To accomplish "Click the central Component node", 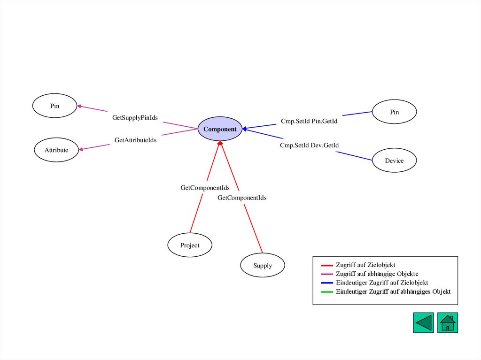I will pos(220,129).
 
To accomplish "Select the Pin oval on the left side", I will pos(55,106).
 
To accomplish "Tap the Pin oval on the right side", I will pos(394,112).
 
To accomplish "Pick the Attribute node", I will pos(56,150).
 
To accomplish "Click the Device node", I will pos(394,161).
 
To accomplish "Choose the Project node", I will pos(190,245).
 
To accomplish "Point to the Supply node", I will pos(263,266).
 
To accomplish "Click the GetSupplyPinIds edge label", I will pos(135,117).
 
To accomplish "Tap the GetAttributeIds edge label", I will pos(135,140).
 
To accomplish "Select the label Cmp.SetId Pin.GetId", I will pos(309,121).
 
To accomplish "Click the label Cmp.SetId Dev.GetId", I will pos(309,146).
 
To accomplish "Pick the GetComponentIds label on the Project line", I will pos(205,188).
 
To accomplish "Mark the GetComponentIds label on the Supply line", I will pos(242,198).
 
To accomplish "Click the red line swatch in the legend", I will pos(326,265).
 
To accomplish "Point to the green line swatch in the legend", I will pos(326,292).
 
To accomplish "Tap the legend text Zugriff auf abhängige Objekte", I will pos(377,274).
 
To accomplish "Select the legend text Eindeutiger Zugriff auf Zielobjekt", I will pos(381,283).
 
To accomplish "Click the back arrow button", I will pos(423,323).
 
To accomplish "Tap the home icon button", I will pos(448,323).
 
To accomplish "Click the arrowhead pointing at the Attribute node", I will pos(81,149).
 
